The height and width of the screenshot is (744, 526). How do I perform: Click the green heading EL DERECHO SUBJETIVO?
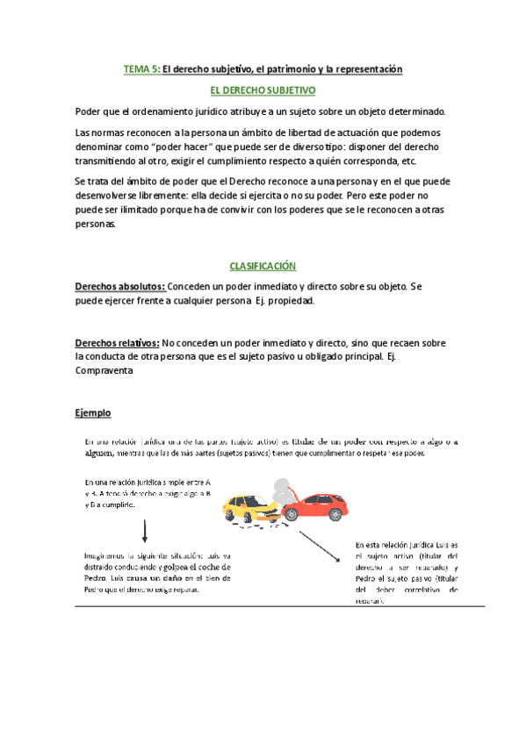click(x=263, y=90)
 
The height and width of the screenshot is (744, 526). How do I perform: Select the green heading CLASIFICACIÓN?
click(x=263, y=266)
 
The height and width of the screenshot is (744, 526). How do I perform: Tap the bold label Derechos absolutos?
click(x=120, y=287)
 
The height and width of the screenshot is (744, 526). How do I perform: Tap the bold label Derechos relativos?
click(x=118, y=343)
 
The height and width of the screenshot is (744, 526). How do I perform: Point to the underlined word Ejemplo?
click(x=93, y=412)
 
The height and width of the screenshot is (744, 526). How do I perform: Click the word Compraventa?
click(x=104, y=371)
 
